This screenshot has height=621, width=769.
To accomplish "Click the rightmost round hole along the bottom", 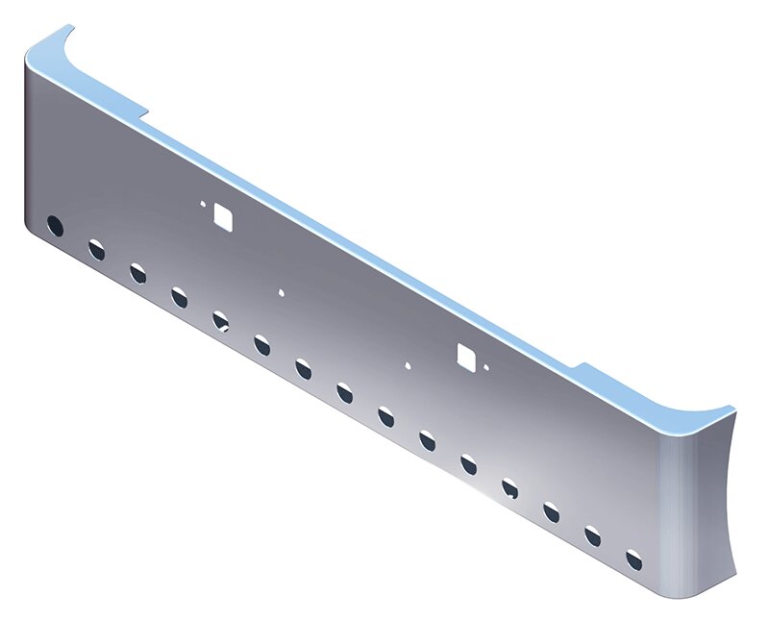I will click(633, 559).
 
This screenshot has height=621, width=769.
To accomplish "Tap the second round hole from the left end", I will click(97, 251).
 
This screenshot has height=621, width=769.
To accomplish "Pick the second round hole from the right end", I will click(593, 535).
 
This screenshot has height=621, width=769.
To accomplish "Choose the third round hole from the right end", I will click(552, 511).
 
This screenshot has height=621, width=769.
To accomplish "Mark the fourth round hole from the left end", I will click(180, 297).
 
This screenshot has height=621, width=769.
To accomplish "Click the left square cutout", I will click(224, 217).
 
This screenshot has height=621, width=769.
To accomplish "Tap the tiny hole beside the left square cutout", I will click(203, 204).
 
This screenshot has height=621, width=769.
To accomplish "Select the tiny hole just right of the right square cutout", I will click(487, 368).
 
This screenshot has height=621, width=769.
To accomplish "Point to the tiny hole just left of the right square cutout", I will click(409, 365).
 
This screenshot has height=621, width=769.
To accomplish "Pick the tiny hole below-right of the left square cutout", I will click(281, 291).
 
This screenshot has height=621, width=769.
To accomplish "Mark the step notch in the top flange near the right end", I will click(581, 366).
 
